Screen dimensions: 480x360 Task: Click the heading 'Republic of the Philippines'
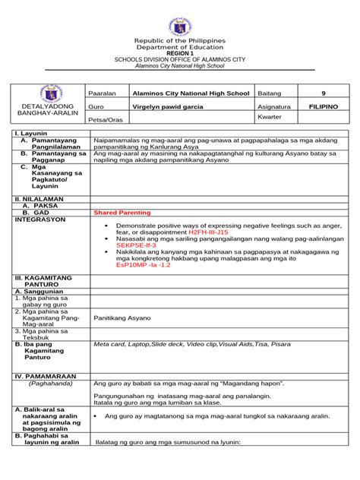(x=180, y=39)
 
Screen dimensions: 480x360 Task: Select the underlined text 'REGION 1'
(x=180, y=52)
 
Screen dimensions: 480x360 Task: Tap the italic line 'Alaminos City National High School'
(x=180, y=65)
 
